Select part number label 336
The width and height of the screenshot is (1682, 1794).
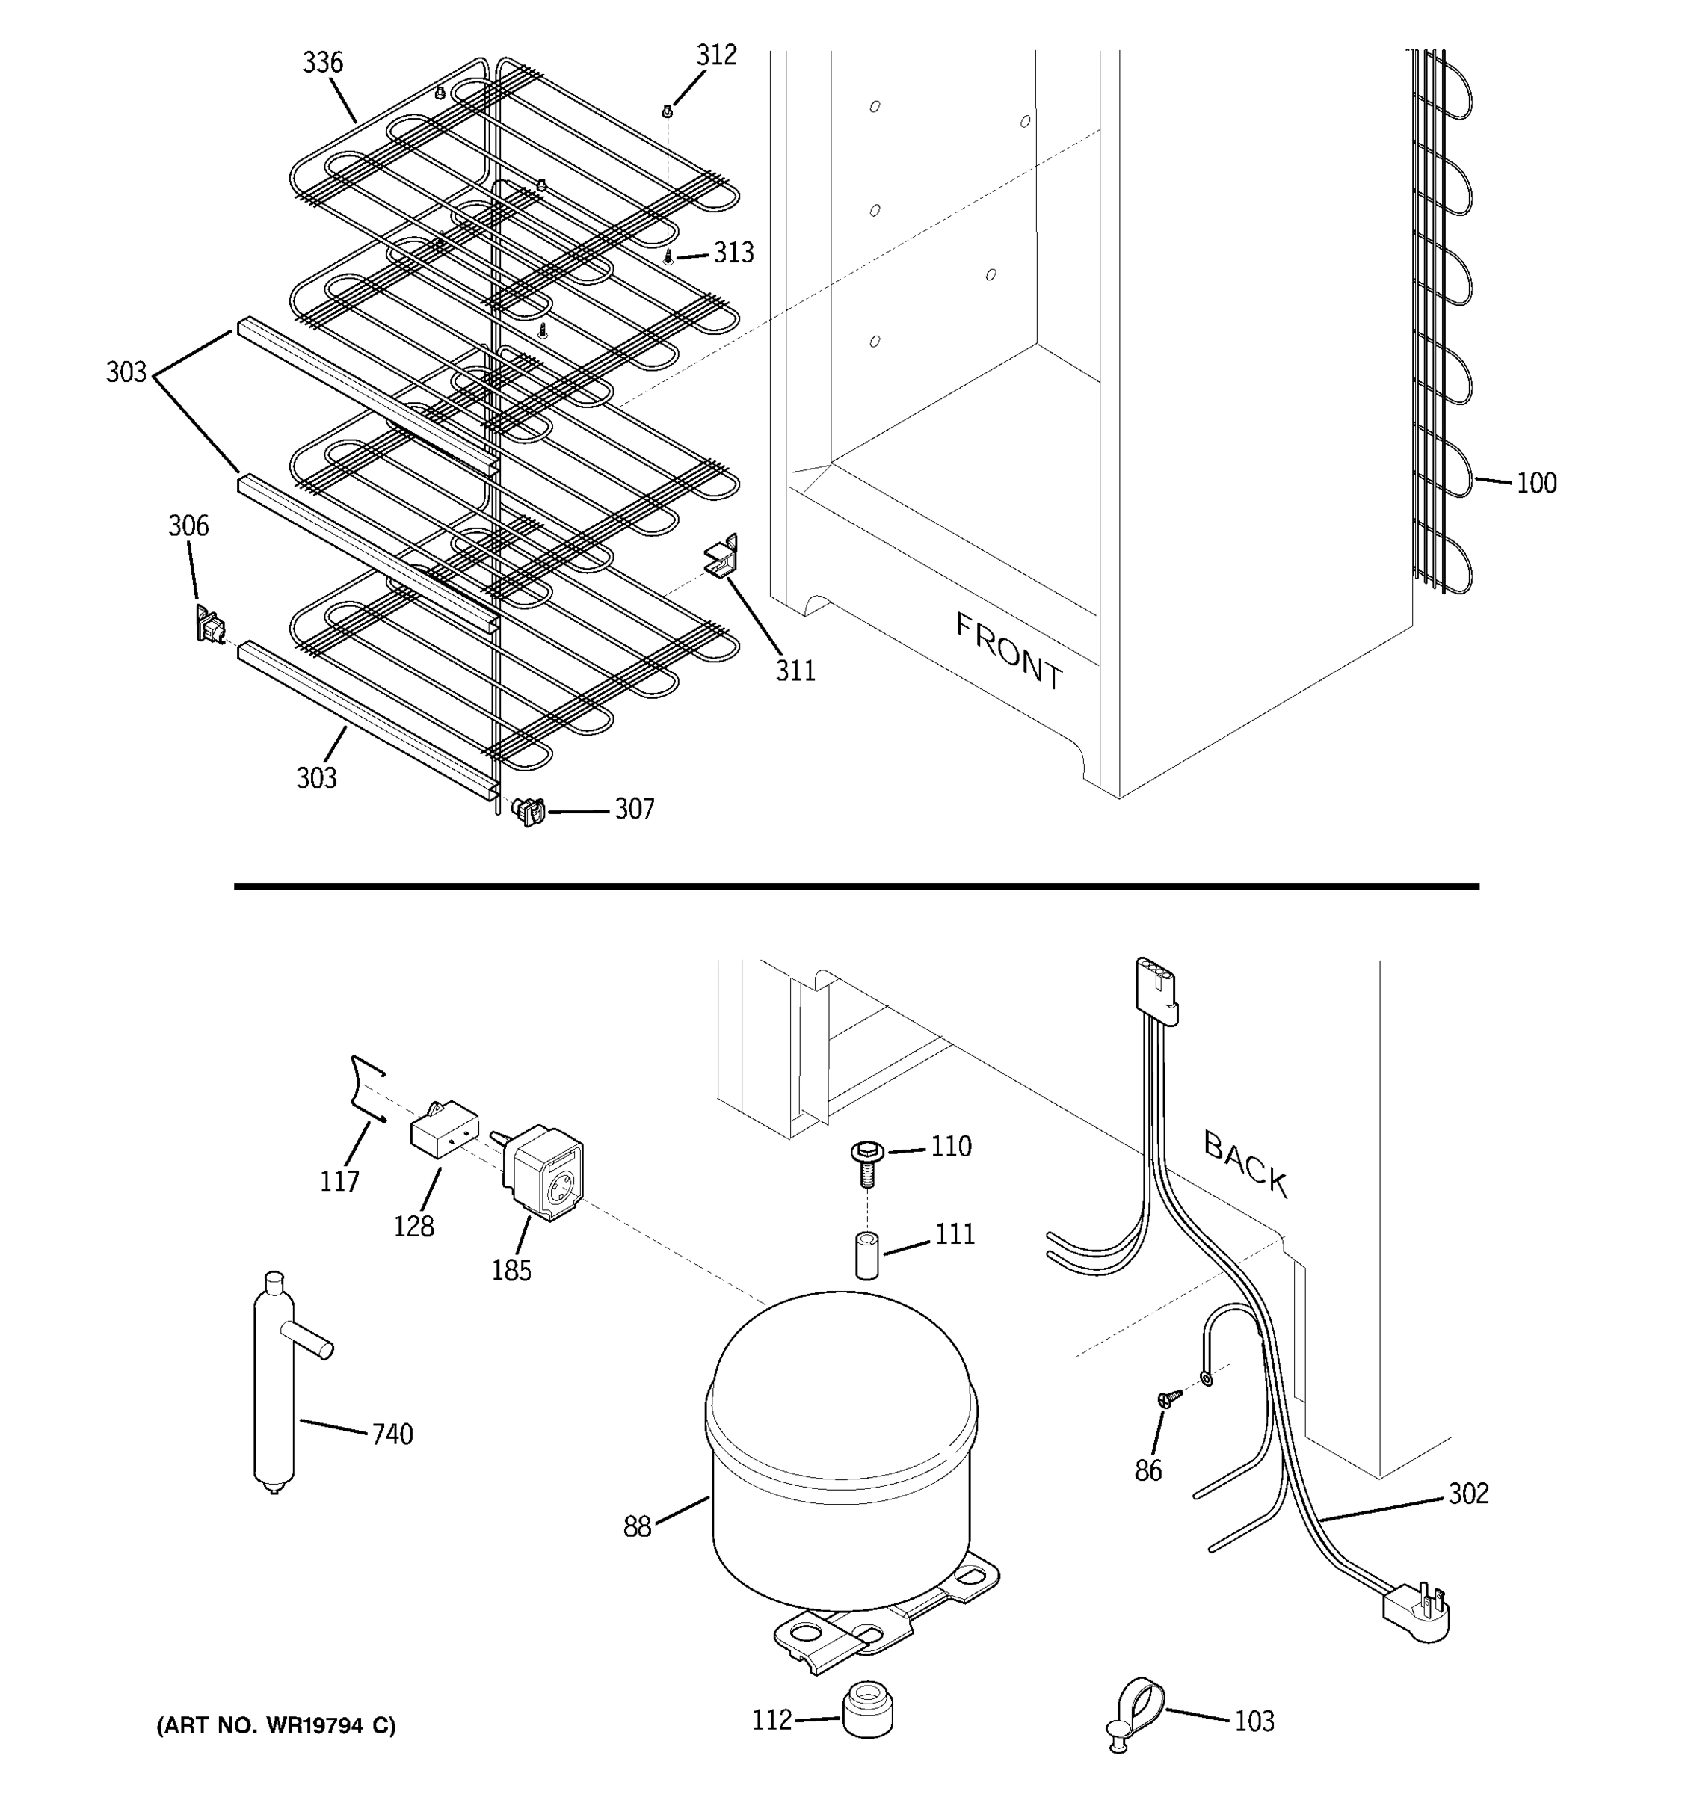click(x=322, y=62)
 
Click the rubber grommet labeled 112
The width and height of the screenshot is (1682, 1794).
click(x=867, y=1708)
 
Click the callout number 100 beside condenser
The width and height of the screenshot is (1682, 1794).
click(x=1535, y=484)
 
